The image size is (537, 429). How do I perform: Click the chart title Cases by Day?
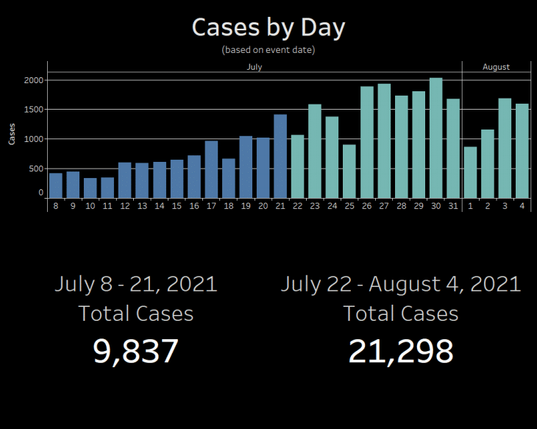[x=268, y=27]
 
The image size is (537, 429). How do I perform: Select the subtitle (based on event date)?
[x=268, y=50]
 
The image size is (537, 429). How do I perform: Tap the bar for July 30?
[x=435, y=138]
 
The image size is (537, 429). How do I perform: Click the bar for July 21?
[x=280, y=156]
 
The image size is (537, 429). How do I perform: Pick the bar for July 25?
[x=349, y=171]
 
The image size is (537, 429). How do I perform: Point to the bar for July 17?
[x=211, y=169]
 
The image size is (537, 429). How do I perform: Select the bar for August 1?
[x=470, y=173]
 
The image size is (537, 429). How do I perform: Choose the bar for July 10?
[x=90, y=188]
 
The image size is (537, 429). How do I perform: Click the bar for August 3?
[x=505, y=149]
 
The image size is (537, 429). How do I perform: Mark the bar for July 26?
[x=367, y=142]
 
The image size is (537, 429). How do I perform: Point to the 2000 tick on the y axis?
[x=34, y=80]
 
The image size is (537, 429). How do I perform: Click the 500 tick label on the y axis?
[x=35, y=169]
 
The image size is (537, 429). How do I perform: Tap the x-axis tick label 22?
[x=298, y=206]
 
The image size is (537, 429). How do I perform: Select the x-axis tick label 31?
[x=453, y=206]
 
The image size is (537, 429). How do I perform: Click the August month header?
[x=497, y=67]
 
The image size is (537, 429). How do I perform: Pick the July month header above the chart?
[x=255, y=67]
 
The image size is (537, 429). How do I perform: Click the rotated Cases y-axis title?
[x=12, y=134]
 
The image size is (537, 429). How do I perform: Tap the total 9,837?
[x=135, y=352]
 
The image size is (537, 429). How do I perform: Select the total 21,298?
[x=401, y=352]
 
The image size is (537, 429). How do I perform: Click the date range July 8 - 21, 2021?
[x=136, y=284]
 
